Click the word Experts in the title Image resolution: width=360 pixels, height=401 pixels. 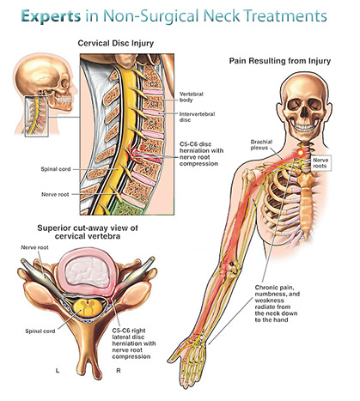[51, 16]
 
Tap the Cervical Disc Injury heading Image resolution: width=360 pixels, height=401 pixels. [116, 43]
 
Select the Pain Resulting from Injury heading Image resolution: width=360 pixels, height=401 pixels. [280, 61]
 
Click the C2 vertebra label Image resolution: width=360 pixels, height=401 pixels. [154, 84]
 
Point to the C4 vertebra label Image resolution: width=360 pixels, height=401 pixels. [153, 124]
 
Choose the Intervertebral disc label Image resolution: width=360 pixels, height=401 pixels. [197, 117]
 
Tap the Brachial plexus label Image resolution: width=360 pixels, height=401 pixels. [261, 144]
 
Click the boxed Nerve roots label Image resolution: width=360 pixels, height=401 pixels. [320, 163]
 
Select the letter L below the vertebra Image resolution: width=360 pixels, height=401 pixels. [58, 371]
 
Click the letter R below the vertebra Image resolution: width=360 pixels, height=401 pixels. [119, 371]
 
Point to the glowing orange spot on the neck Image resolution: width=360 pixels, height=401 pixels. [301, 153]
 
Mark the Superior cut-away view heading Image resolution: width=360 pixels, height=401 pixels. [88, 232]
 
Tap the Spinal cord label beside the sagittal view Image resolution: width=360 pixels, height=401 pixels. [56, 169]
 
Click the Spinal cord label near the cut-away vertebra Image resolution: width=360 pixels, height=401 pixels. [40, 331]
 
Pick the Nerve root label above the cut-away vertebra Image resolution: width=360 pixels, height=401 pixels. [34, 247]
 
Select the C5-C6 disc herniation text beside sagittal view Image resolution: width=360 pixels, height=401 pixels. [201, 154]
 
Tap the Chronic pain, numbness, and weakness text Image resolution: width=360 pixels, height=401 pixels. [278, 304]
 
